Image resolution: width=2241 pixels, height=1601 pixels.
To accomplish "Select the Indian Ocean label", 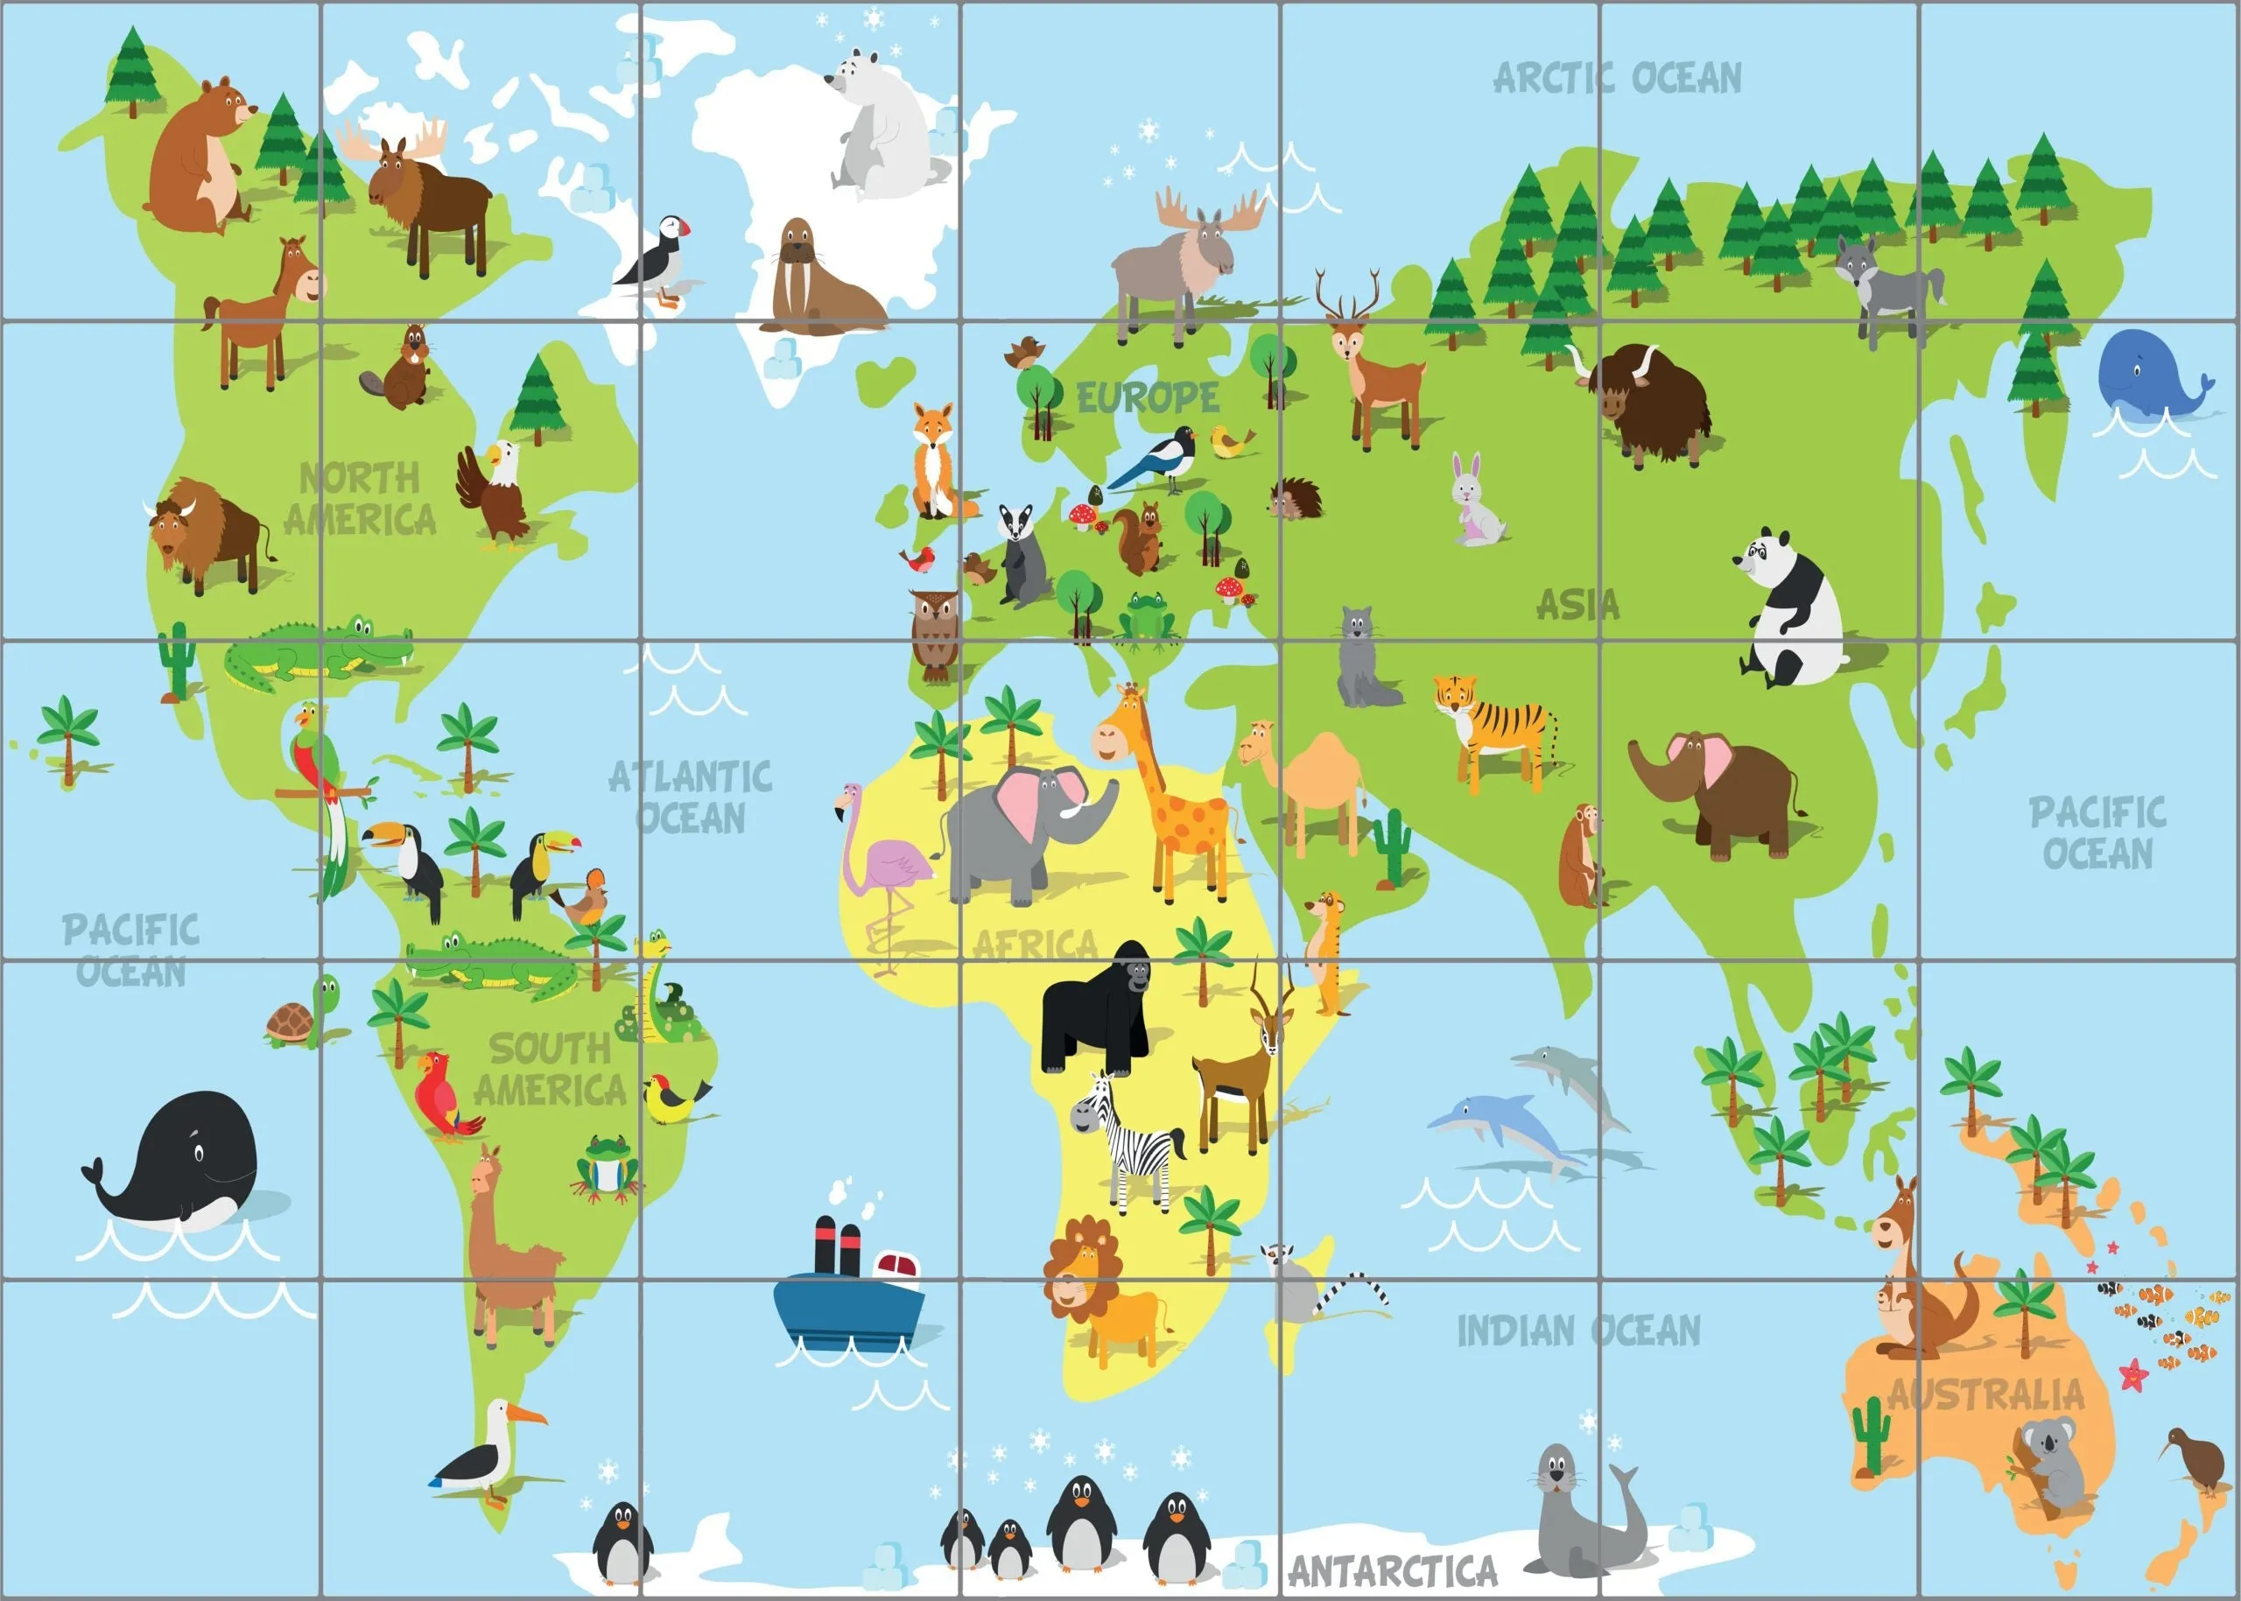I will pyautogui.click(x=1578, y=1331).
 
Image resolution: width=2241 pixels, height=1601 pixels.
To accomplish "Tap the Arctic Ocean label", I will pyautogui.click(x=1617, y=78).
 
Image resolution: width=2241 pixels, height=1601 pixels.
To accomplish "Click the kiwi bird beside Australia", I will pyautogui.click(x=2199, y=1459).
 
